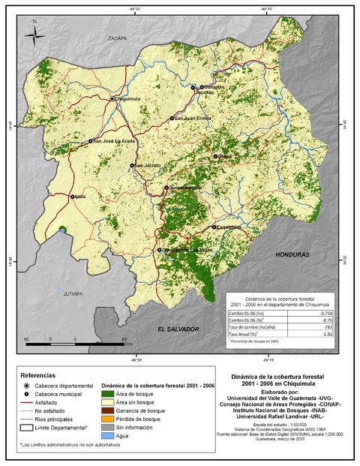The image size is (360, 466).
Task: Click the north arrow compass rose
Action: pyautogui.click(x=34, y=33)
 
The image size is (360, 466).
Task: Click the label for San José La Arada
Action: pyautogui.click(x=115, y=140)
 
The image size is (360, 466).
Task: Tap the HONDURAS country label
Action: pyautogui.click(x=292, y=254)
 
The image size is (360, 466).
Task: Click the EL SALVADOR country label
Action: pyautogui.click(x=178, y=329)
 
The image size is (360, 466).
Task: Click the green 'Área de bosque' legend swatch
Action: pyautogui.click(x=109, y=394)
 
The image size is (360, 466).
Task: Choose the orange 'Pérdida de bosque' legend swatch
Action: pyautogui.click(x=109, y=419)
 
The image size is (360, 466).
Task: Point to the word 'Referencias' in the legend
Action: pyautogui.click(x=37, y=374)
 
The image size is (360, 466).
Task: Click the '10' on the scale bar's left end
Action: pyautogui.click(x=27, y=340)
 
